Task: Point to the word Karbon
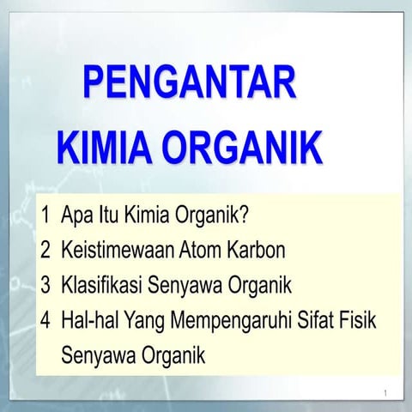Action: click(x=261, y=250)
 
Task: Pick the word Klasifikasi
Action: click(x=101, y=284)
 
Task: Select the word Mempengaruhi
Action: click(x=231, y=319)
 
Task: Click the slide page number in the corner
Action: click(x=387, y=393)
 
